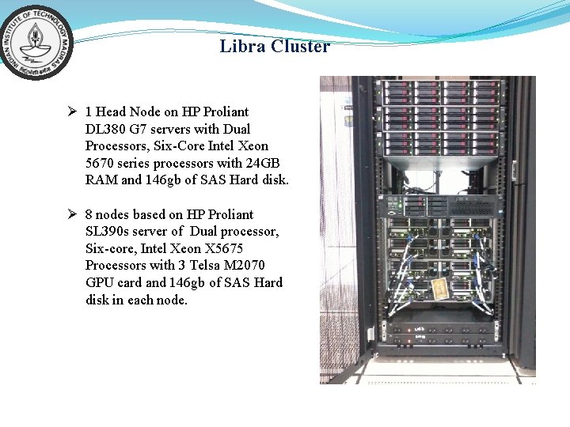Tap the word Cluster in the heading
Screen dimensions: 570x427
click(x=300, y=47)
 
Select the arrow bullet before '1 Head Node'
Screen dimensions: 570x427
click(x=71, y=111)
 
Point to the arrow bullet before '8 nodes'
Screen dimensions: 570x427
click(x=71, y=214)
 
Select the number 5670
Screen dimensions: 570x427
click(x=101, y=163)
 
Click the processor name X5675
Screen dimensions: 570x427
click(x=224, y=248)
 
